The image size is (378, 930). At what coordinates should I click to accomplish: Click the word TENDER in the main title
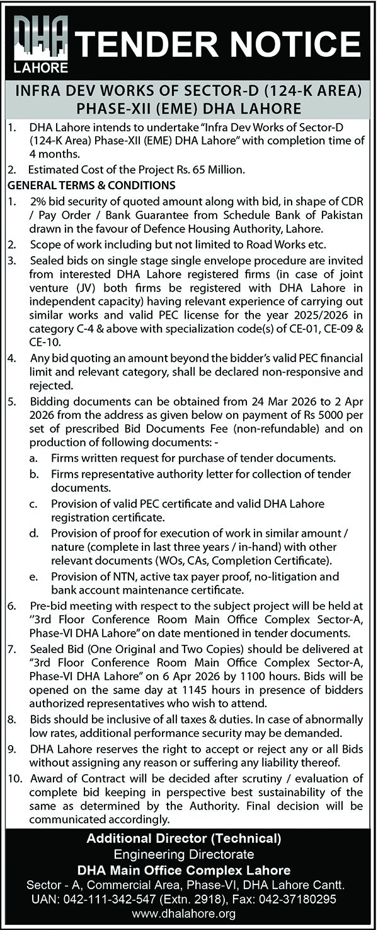tap(146, 44)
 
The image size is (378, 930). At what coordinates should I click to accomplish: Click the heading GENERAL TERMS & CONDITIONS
tap(91, 185)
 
